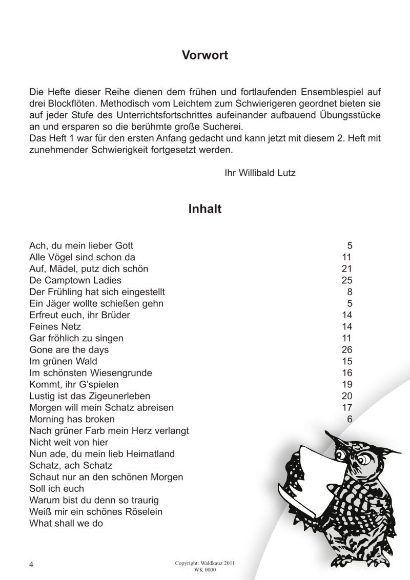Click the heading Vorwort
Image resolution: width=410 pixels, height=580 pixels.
tap(205, 55)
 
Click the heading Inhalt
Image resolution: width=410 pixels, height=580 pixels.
tap(205, 209)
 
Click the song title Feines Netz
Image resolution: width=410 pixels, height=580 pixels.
tap(55, 326)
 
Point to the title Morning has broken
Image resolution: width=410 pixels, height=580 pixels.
tap(72, 419)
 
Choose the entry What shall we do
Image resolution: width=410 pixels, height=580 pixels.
tap(67, 523)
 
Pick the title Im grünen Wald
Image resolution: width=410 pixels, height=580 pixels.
tap(64, 361)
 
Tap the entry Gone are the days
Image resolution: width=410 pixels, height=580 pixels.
tap(69, 350)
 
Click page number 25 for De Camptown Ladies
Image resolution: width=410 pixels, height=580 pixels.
tap(347, 280)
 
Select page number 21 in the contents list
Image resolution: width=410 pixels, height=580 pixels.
tap(347, 268)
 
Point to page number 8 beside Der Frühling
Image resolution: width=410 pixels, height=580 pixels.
tap(350, 292)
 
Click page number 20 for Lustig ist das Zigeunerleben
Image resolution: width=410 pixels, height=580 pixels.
tap(347, 396)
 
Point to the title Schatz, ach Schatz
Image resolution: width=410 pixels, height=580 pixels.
tap(71, 465)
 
